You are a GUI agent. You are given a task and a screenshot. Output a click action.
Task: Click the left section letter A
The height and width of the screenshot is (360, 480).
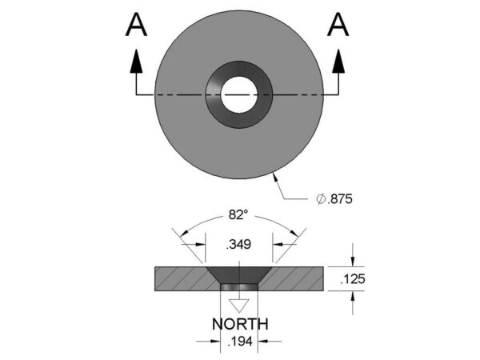pos(137,26)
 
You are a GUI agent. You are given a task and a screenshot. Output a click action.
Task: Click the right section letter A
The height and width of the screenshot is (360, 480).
pos(338,26)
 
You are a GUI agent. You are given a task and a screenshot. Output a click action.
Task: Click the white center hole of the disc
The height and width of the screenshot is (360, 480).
pos(239,94)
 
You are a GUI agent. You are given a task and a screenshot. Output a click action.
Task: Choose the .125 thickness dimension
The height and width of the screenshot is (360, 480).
pos(353,280)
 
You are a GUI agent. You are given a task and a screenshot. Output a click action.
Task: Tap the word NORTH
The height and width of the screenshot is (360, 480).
pos(239,324)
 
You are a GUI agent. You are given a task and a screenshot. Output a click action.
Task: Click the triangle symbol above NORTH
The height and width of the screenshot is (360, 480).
pos(239,305)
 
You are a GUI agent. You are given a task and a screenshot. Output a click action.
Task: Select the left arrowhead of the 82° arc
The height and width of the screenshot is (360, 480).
pos(184,233)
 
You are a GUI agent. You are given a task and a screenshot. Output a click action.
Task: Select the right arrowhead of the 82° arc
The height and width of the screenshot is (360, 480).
pos(297,233)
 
